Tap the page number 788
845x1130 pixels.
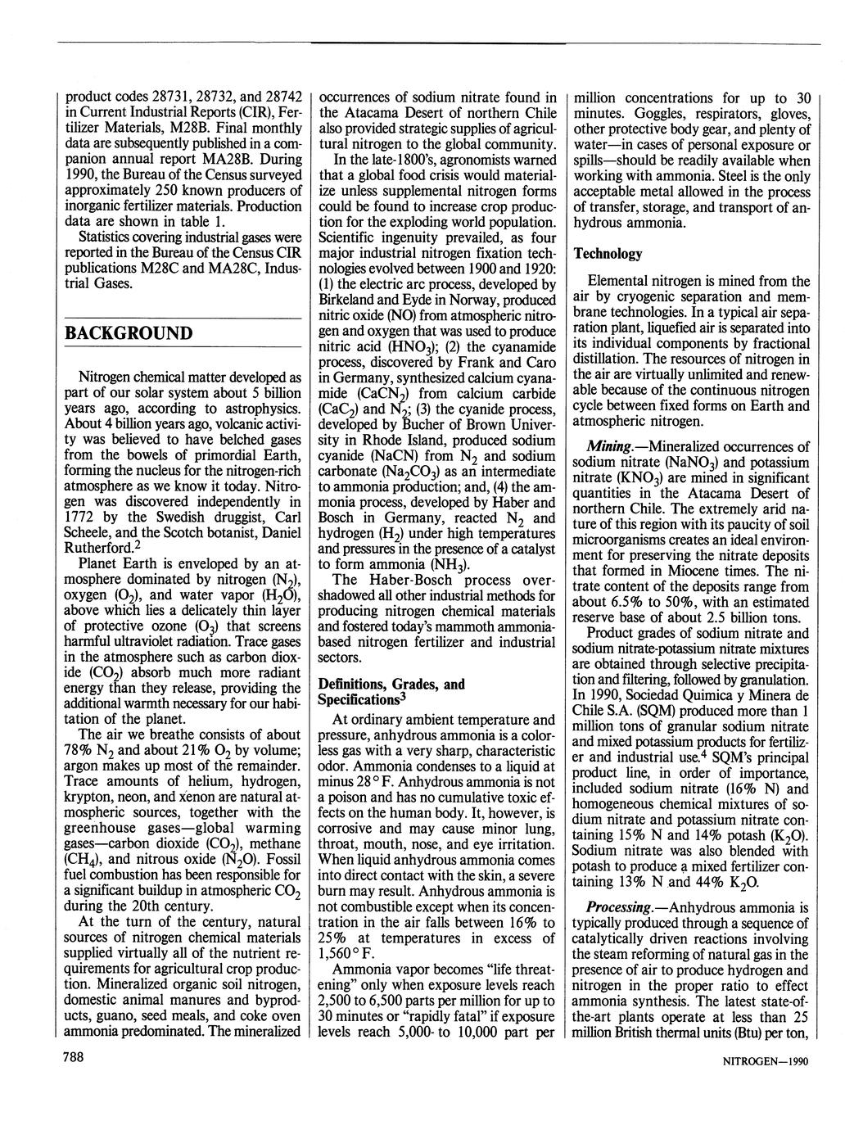75,1057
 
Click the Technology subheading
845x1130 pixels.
608,254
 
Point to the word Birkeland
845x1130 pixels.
351,300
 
